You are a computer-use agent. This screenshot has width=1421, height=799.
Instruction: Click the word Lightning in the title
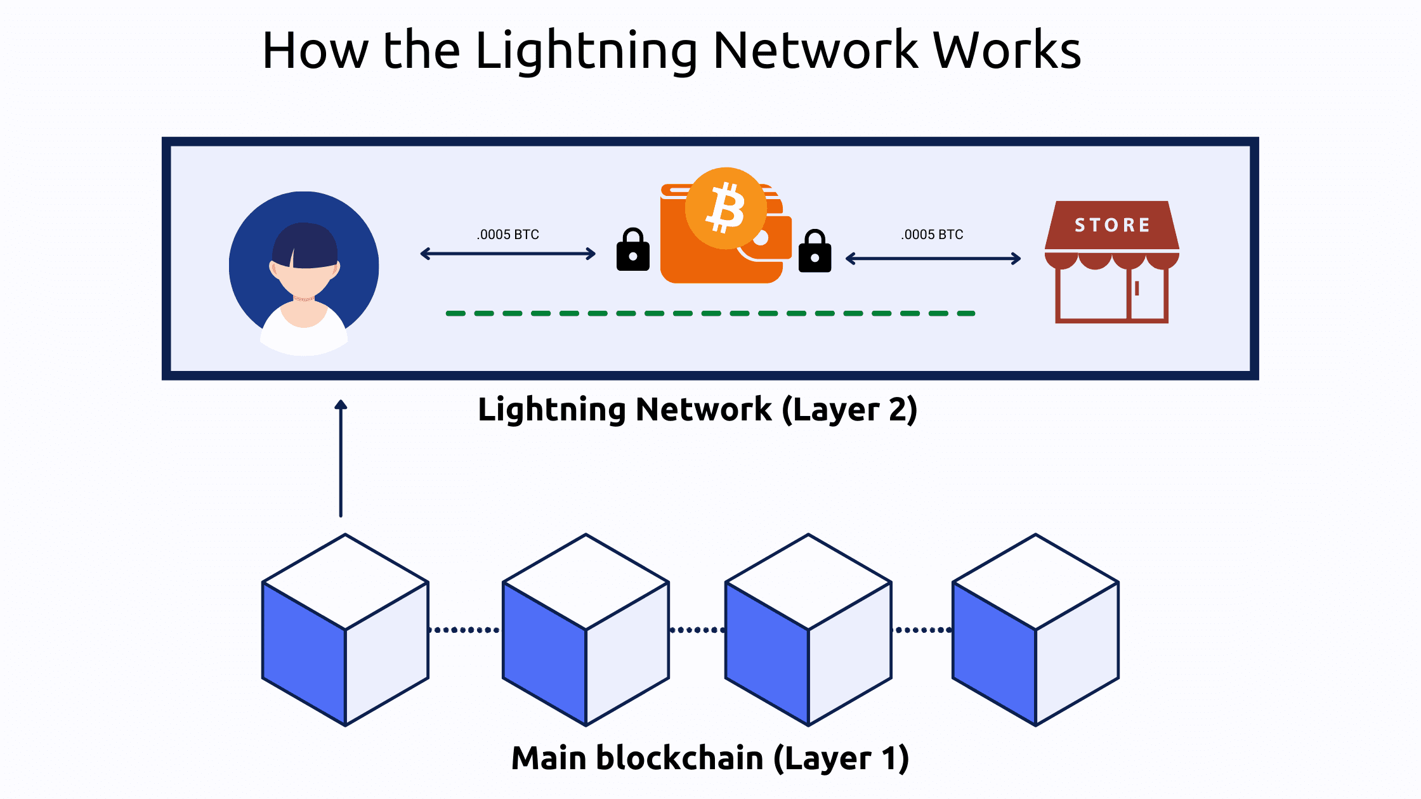586,51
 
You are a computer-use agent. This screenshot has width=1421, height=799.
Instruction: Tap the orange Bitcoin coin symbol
726,208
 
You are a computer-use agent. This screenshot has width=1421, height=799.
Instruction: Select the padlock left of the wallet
632,250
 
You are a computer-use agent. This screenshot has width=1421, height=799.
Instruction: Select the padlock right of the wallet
815,252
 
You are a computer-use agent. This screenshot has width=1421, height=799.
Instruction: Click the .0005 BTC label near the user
507,235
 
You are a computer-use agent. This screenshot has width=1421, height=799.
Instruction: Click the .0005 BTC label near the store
932,235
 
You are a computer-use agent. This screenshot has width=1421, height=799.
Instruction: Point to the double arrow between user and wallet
507,254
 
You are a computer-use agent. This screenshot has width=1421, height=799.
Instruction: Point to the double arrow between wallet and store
933,259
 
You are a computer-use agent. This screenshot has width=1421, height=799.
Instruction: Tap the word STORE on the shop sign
1112,225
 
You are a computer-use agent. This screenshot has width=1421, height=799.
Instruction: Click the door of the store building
1147,293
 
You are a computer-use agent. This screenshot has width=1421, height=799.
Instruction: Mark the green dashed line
710,313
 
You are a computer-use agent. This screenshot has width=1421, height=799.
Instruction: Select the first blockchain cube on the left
345,630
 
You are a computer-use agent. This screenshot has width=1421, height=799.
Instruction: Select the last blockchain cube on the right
1035,630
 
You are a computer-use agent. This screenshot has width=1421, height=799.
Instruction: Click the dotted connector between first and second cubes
465,630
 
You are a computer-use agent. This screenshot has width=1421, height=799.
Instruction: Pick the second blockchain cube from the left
586,630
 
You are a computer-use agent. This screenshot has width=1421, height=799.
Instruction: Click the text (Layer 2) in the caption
849,410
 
